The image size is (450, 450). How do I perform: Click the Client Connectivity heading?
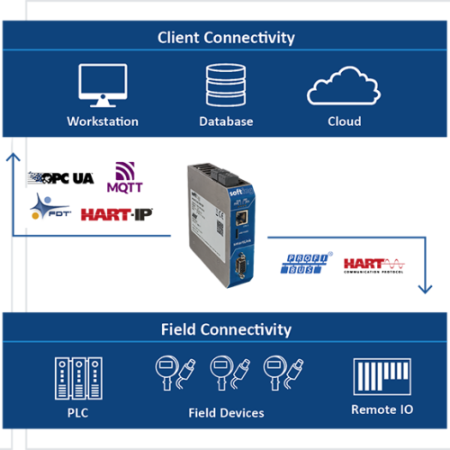tap(226, 38)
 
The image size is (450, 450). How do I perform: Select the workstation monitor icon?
tap(103, 86)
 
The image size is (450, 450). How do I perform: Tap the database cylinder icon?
tap(226, 86)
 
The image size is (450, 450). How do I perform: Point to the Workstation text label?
tap(103, 121)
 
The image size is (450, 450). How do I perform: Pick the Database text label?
tap(226, 121)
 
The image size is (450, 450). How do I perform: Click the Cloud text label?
tap(344, 121)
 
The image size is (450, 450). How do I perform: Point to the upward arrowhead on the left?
tap(13, 156)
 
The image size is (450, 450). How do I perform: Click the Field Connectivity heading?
tap(226, 329)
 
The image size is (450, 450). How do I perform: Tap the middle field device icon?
tap(226, 371)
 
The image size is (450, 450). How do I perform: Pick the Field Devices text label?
tap(226, 412)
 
